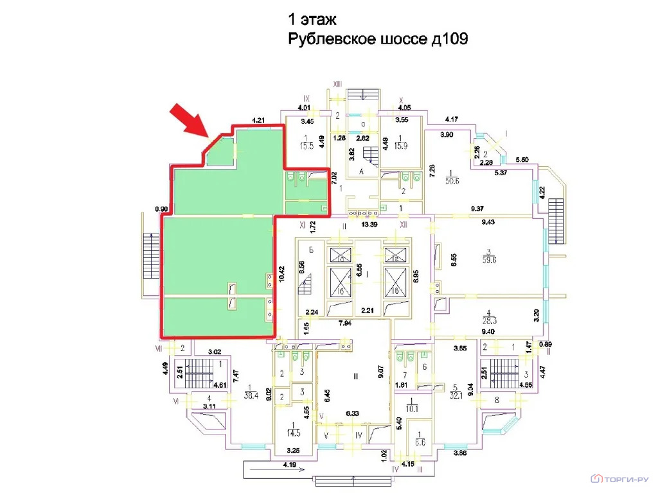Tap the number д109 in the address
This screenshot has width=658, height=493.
447,40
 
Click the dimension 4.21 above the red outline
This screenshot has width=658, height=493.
259,119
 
